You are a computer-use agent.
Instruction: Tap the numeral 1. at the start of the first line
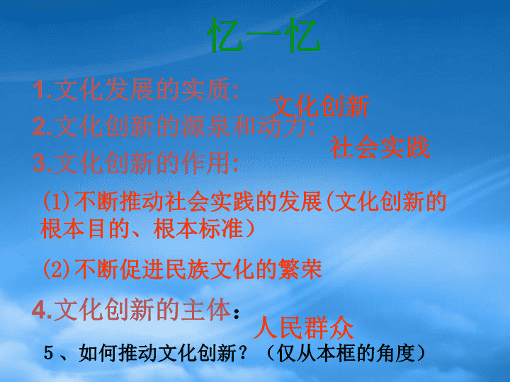tap(42, 90)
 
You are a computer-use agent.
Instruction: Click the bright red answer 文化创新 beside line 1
tap(320, 106)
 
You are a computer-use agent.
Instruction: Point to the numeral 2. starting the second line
tap(42, 126)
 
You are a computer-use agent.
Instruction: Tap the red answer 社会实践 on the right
tap(380, 147)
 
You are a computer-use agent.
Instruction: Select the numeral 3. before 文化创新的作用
tap(42, 163)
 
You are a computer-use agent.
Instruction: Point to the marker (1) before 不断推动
tap(56, 202)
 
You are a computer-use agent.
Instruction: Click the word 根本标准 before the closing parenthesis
tap(198, 228)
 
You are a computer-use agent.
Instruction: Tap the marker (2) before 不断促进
tap(56, 269)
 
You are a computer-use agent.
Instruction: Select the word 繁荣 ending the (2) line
tap(300, 269)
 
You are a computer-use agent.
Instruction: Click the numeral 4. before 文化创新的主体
tap(42, 310)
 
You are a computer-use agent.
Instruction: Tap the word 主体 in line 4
tap(206, 310)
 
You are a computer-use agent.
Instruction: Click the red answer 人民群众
tap(303, 328)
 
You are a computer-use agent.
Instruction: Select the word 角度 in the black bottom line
tap(395, 353)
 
